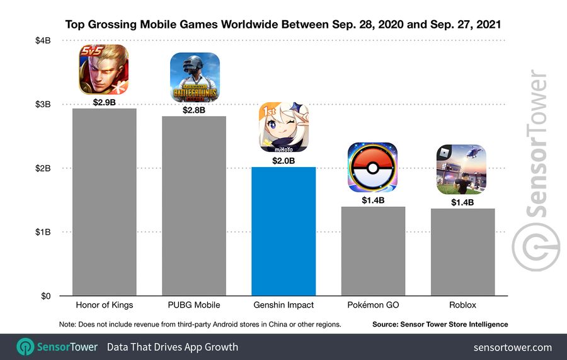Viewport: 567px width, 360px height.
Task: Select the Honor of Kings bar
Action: tap(105, 202)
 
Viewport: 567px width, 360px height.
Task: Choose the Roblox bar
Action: tap(462, 252)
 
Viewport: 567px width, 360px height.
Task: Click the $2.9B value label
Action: tap(105, 102)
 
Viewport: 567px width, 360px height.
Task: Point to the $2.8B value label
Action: tap(195, 110)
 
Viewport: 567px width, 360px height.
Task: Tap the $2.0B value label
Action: tap(283, 161)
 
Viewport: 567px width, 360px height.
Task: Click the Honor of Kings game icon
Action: tap(104, 70)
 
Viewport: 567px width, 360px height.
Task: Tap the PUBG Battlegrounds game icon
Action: tap(195, 78)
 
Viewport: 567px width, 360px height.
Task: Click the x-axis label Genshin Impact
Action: tap(283, 305)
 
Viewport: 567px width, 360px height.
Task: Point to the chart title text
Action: tap(283, 25)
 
